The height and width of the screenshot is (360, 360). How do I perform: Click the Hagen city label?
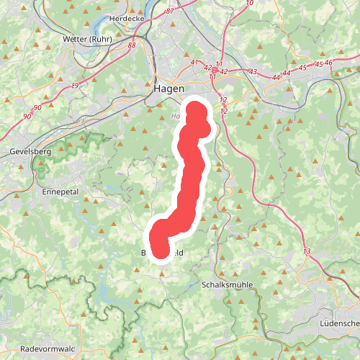(x=168, y=89)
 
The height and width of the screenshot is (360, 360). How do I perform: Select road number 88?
(x=131, y=46)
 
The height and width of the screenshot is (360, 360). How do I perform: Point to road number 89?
(x=76, y=86)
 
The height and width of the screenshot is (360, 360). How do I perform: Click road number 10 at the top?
(x=249, y=3)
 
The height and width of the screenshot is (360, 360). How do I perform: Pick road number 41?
(x=194, y=63)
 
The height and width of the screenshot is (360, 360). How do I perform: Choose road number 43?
(x=253, y=72)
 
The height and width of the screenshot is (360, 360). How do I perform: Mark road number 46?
(x=329, y=63)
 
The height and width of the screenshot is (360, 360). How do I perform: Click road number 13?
(x=307, y=251)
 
